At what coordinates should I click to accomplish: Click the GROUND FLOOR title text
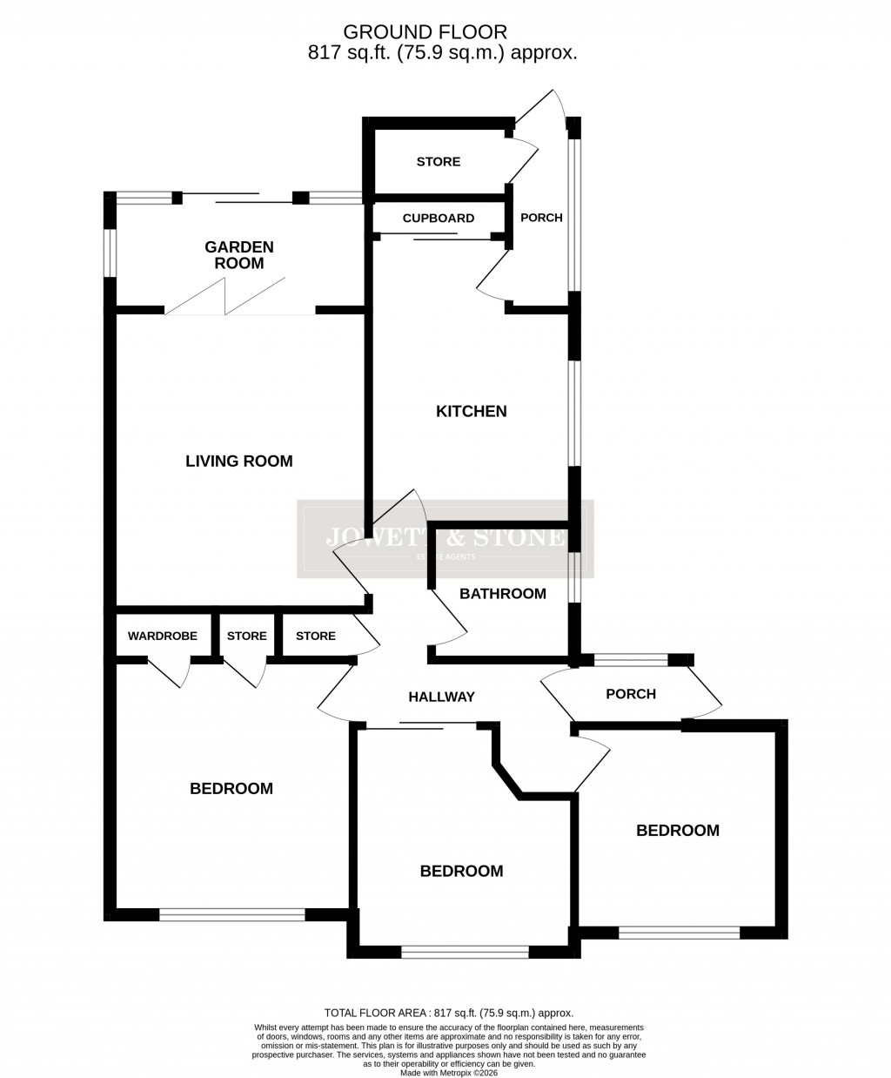click(425, 32)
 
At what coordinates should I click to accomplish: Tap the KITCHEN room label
click(471, 411)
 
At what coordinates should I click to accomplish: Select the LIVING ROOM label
click(238, 461)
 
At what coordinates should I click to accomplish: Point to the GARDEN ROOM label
click(238, 255)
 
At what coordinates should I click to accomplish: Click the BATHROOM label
click(503, 594)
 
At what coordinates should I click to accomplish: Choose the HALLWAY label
click(442, 697)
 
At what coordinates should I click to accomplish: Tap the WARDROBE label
click(163, 637)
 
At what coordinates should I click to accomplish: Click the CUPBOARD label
click(439, 219)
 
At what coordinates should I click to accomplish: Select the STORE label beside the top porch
click(439, 162)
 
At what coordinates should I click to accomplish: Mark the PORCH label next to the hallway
click(631, 694)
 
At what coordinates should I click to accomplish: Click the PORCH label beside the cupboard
click(541, 218)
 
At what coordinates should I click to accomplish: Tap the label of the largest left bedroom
click(231, 789)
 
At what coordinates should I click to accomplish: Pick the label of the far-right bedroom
click(678, 831)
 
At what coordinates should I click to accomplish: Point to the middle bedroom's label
click(461, 872)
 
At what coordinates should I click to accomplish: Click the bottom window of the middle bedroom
click(465, 953)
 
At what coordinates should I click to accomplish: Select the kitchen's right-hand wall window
click(573, 414)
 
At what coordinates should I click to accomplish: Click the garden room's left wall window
click(110, 253)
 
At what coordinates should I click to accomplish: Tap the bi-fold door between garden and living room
click(227, 296)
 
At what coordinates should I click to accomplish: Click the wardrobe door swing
click(171, 672)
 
